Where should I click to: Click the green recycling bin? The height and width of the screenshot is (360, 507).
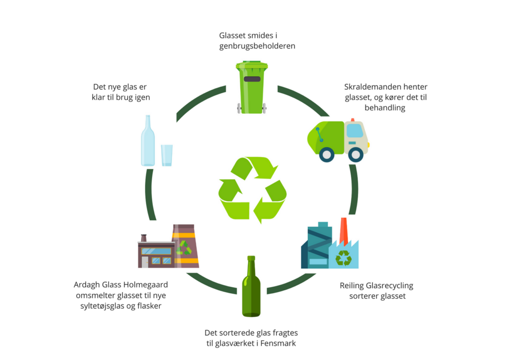252,87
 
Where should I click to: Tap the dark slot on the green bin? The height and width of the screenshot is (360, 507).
252,79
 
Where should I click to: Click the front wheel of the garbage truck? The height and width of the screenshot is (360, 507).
355,154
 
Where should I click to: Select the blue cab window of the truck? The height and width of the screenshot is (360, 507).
355,131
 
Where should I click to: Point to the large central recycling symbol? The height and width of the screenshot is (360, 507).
252,190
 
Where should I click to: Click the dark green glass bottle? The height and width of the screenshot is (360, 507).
251,286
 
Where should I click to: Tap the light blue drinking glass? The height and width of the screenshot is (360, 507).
167,155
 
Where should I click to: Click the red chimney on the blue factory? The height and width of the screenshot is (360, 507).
344,231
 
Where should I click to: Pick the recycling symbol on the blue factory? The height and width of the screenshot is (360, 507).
344,258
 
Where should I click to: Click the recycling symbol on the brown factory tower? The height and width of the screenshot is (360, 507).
184,248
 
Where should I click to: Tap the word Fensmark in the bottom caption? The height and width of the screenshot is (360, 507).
278,343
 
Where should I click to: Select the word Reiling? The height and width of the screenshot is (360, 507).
352,286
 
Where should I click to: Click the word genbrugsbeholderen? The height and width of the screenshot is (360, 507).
257,46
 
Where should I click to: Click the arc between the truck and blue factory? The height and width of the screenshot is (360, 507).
355,190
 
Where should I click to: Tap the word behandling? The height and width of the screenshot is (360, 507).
385,108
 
